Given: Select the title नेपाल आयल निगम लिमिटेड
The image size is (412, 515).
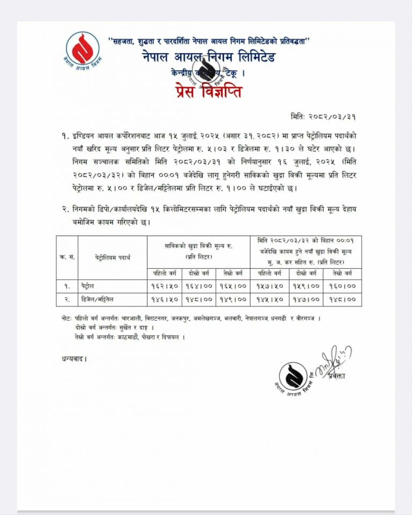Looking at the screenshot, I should (209, 56).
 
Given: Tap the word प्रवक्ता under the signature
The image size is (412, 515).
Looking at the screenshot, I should (336, 376).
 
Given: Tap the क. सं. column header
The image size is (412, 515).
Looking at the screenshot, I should (67, 257).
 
